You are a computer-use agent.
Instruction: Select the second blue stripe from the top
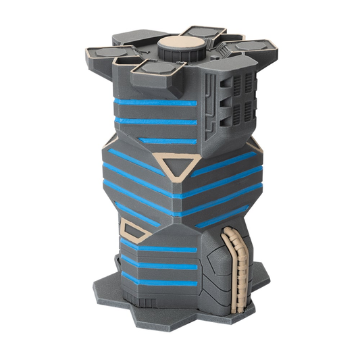pyautogui.click(x=157, y=122)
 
